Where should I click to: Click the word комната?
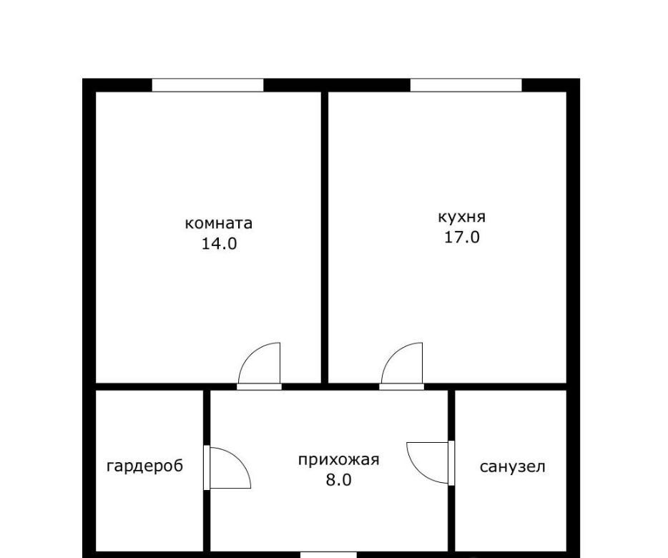(219, 223)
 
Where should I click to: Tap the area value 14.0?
(219, 244)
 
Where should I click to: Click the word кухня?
(462, 217)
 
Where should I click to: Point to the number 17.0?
(462, 237)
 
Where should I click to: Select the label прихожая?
(339, 461)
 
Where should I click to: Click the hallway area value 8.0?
(339, 480)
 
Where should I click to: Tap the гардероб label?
(145, 466)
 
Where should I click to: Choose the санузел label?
(513, 466)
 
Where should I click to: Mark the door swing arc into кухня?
(395, 354)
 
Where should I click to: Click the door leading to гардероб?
(230, 468)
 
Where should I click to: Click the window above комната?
(208, 85)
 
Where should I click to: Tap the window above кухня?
(466, 85)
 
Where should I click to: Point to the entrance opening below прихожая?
(328, 555)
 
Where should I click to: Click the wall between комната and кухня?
(325, 237)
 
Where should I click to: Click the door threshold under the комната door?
(259, 386)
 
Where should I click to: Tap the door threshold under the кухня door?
(402, 386)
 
